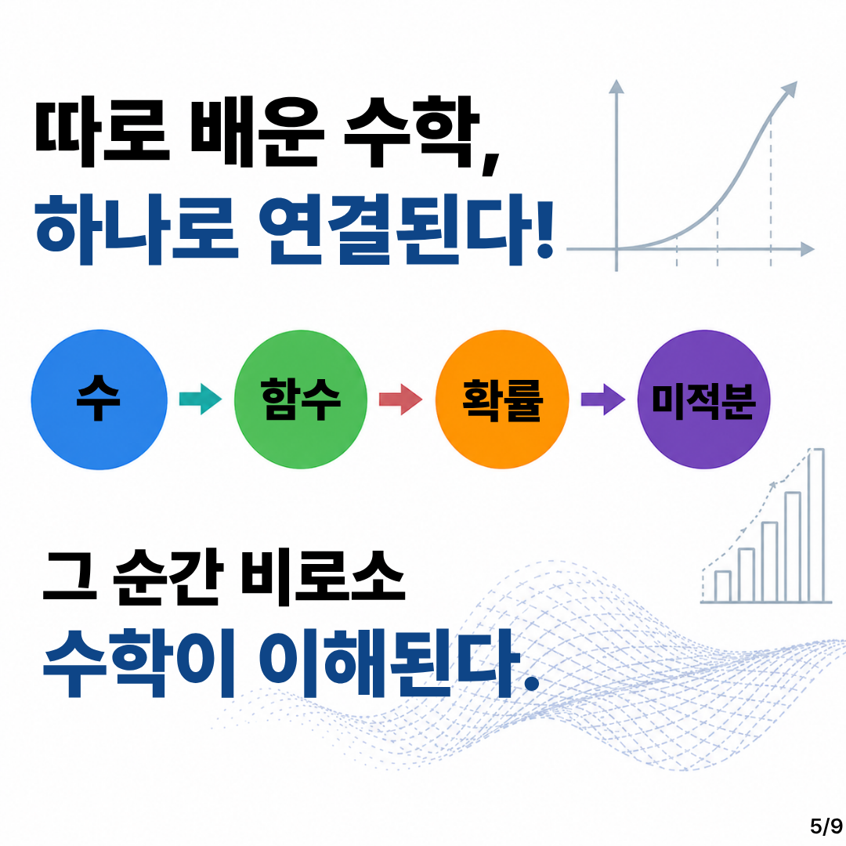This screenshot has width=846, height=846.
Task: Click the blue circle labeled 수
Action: point(99,399)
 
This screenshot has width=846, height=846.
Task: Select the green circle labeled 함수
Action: point(301,399)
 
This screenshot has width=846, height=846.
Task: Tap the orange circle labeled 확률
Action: point(502,399)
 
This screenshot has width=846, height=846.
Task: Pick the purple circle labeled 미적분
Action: point(704,399)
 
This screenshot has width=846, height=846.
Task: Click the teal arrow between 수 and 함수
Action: point(201,399)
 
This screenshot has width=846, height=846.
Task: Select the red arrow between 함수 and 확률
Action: point(401,399)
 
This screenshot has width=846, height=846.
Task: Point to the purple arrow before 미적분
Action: point(603,399)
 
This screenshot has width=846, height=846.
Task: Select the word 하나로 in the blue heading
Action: point(136,230)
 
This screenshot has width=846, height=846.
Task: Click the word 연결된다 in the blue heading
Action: point(407,230)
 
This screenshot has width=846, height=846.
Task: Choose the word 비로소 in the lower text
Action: point(323,578)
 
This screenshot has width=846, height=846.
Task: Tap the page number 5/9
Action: point(826,826)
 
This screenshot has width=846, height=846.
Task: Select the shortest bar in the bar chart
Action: point(723,587)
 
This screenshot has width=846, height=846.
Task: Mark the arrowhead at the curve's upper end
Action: point(790,90)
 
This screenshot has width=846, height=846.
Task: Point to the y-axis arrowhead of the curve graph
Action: point(616,86)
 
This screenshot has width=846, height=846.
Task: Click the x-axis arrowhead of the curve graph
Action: point(808,249)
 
